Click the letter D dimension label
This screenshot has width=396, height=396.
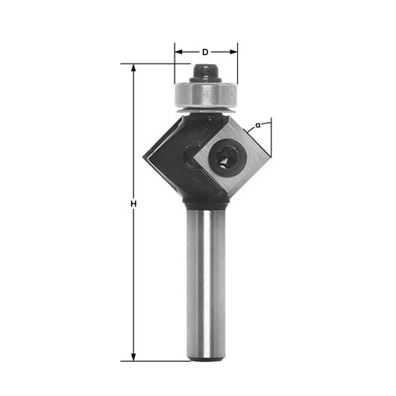coord(206,40)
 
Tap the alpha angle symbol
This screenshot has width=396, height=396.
coord(258,124)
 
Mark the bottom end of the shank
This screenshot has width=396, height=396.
coord(206,358)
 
